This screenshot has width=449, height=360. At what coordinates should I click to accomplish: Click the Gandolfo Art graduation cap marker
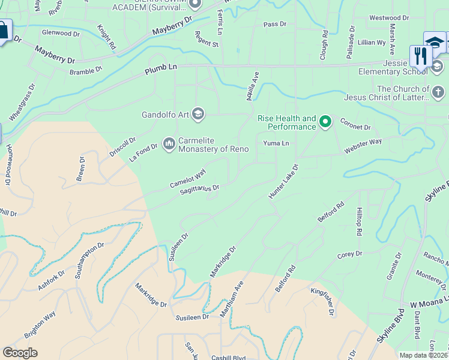tap(198, 114)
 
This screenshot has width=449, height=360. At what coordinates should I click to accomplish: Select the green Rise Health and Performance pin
tap(325, 122)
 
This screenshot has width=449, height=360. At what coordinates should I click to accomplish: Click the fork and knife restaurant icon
tap(420, 56)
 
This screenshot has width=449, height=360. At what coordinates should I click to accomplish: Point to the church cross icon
tap(438, 92)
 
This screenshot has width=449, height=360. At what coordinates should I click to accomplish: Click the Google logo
tap(20, 353)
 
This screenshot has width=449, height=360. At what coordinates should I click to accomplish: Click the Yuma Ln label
tap(276, 143)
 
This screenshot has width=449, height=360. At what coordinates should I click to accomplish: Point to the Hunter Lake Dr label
tap(284, 182)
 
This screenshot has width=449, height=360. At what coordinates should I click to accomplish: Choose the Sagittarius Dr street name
tap(200, 190)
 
